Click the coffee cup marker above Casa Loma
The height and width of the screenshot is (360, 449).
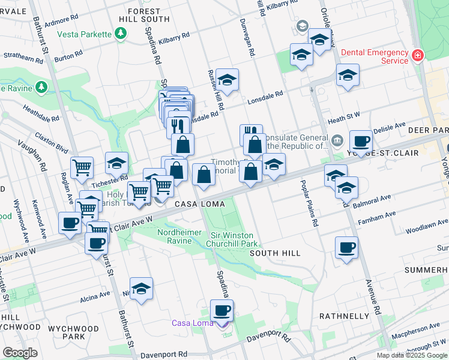click(222, 311)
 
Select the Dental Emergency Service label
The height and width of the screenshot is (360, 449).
click(374, 56)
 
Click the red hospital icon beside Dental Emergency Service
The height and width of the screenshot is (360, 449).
click(417, 56)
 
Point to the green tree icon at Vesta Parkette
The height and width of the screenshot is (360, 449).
click(121, 34)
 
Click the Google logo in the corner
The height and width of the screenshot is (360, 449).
click(20, 352)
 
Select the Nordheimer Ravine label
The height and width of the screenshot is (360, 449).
click(174, 236)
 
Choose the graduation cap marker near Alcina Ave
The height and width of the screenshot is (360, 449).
click(141, 289)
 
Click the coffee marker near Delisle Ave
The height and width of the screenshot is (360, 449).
click(361, 142)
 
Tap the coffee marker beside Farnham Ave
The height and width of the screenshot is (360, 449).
click(346, 247)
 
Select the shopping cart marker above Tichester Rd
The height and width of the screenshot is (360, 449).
click(82, 168)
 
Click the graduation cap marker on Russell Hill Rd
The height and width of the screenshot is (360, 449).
click(227, 79)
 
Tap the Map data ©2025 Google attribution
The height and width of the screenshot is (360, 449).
click(412, 355)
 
